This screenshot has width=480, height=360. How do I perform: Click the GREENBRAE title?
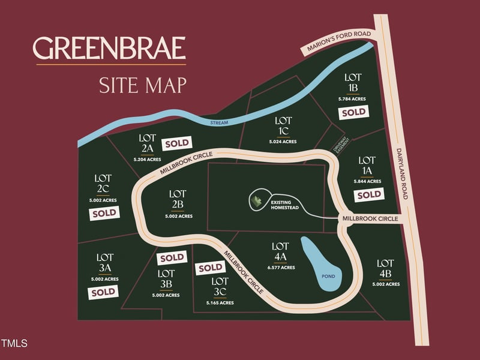pos(109,49)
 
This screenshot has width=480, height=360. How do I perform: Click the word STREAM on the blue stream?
pos(221,122)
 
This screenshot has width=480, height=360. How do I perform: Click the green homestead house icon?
pos(256,202)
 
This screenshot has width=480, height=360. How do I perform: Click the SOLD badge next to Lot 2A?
pos(177,143)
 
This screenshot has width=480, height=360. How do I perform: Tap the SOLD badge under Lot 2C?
pos(103,213)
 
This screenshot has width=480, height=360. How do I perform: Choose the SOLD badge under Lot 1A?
pos(368,194)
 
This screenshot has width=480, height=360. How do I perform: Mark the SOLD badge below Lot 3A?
pos(103,292)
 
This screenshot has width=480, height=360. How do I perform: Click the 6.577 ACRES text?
pos(280,268)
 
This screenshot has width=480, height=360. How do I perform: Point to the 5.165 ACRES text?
pos(219,303)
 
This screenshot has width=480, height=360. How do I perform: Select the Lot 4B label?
pos(385,268)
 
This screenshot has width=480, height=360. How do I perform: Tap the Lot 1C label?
pos(283,125)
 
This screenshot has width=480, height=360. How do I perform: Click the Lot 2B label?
pos(177,199)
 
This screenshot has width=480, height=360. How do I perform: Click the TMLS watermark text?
pos(14,344)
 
